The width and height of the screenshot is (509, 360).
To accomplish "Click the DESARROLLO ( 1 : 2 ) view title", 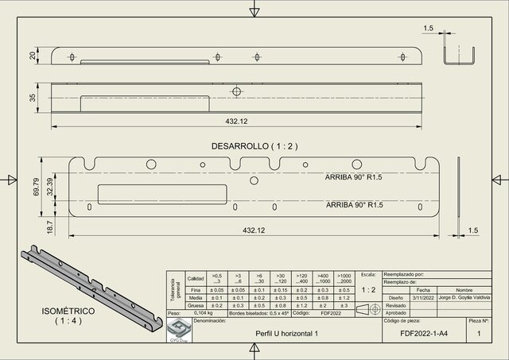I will pyautogui.click(x=254, y=146).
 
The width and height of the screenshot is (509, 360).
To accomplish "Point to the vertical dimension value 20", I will pyautogui.click(x=33, y=55).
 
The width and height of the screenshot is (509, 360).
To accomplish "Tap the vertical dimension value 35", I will pyautogui.click(x=33, y=97).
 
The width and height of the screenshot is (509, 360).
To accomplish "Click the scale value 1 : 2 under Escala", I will pyautogui.click(x=367, y=290).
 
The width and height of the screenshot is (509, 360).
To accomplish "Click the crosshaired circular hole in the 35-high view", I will pyautogui.click(x=235, y=91).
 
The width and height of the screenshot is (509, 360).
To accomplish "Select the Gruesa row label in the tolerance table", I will pyautogui.click(x=195, y=305).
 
